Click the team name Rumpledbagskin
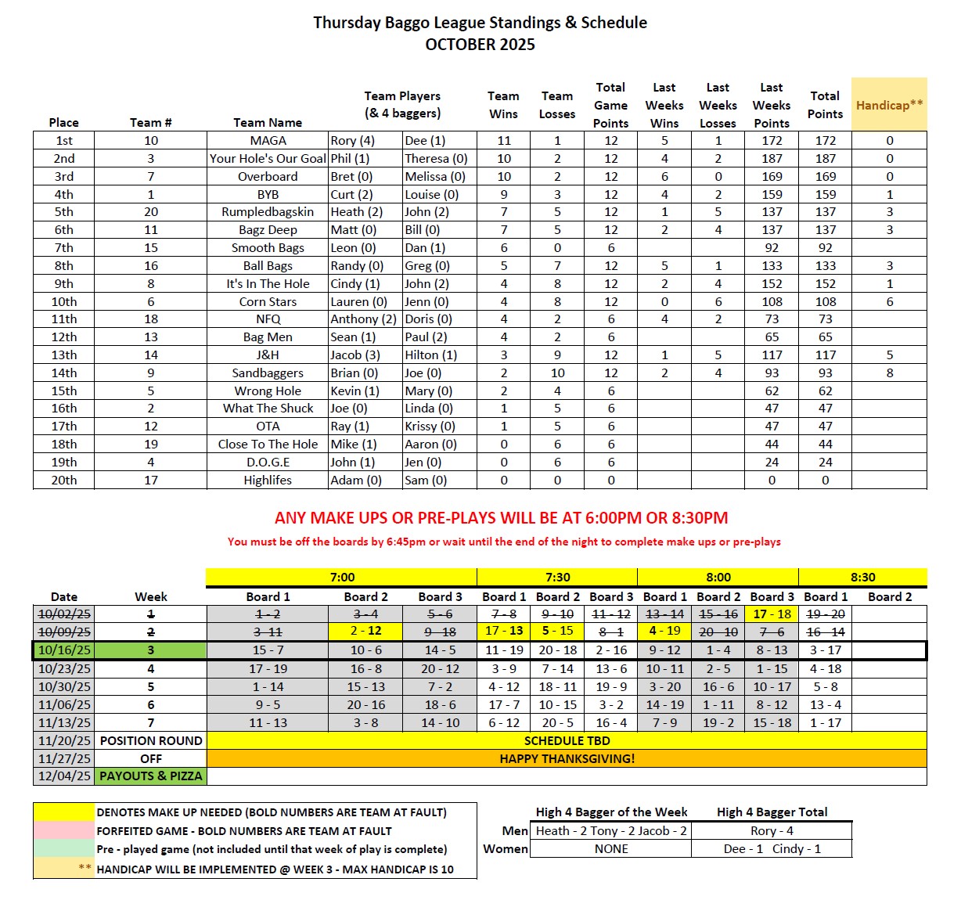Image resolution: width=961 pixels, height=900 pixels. (x=268, y=212)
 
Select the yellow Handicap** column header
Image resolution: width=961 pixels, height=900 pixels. (x=889, y=105)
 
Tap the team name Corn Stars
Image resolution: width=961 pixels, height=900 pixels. (x=268, y=301)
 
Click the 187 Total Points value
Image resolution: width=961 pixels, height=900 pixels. (x=825, y=159)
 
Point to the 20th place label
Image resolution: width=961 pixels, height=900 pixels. (x=64, y=481)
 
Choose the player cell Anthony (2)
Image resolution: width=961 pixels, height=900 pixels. (x=363, y=319)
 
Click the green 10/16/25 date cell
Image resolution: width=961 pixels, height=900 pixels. (x=65, y=650)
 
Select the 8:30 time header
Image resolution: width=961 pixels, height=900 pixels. (x=862, y=578)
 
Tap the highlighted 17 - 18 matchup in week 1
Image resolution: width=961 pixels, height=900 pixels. (x=772, y=614)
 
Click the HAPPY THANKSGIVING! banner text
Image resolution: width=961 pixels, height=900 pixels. (x=567, y=758)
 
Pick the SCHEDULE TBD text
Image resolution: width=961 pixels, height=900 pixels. (x=567, y=740)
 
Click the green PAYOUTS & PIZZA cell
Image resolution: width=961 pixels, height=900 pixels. (x=151, y=776)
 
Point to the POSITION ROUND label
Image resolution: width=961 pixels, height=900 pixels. (x=151, y=740)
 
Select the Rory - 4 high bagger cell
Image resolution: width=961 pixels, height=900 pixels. (x=772, y=830)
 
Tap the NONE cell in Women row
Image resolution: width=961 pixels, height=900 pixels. (x=610, y=849)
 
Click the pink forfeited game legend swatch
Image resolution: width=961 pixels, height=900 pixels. (x=63, y=830)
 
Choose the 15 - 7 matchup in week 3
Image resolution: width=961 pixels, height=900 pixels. (x=268, y=650)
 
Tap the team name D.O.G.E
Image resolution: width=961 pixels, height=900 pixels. (x=268, y=463)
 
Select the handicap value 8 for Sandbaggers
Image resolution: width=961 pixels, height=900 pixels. (x=889, y=373)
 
